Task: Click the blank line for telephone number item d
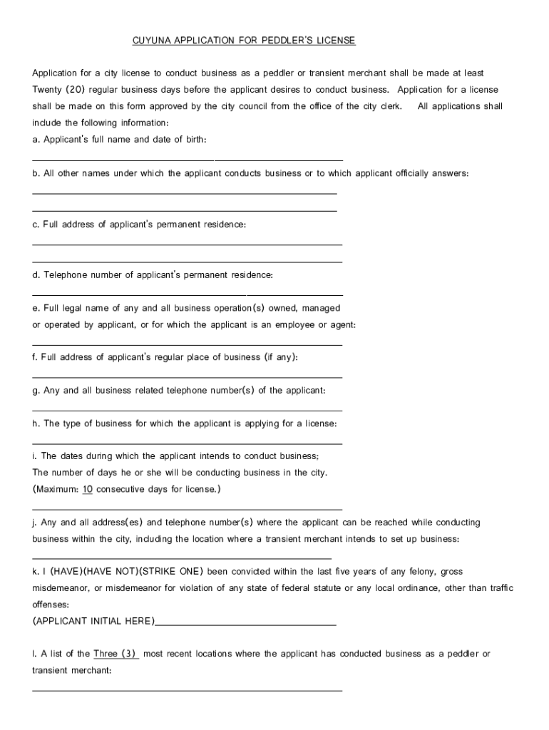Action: [x=188, y=294]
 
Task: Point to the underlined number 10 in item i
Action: [x=87, y=489]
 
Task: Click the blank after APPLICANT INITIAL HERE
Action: [x=245, y=624]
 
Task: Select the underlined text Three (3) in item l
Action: [x=116, y=654]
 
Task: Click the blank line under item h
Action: [x=188, y=443]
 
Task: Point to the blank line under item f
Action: [x=188, y=377]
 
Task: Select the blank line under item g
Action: [x=188, y=411]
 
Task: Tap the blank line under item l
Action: [x=188, y=690]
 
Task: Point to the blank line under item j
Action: [x=182, y=558]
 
